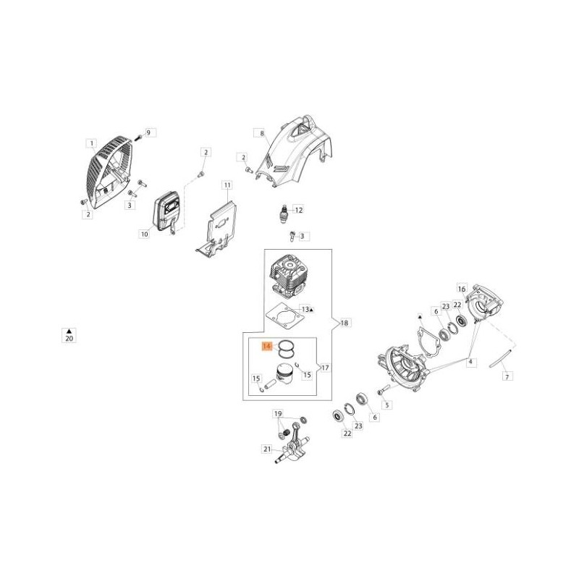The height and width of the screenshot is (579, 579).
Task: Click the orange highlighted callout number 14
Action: (266, 347)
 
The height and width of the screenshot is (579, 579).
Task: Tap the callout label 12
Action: (298, 210)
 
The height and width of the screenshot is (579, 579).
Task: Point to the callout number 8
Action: (262, 133)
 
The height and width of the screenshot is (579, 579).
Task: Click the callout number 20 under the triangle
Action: (69, 338)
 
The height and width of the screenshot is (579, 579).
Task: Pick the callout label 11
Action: (227, 185)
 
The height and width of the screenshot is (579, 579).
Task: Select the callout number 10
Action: (144, 234)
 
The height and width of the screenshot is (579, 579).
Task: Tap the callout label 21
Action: (267, 449)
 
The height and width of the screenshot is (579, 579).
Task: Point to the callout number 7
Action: (507, 376)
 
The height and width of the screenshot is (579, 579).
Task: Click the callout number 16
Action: (462, 289)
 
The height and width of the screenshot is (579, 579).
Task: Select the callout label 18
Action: (345, 323)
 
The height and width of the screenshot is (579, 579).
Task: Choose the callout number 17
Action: (325, 368)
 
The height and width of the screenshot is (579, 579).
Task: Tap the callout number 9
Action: (148, 132)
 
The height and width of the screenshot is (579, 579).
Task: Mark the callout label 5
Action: (387, 405)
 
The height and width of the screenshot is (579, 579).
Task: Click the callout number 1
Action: (91, 143)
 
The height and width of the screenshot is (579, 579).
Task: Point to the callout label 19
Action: (278, 414)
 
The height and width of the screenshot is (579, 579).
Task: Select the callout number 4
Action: (470, 362)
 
